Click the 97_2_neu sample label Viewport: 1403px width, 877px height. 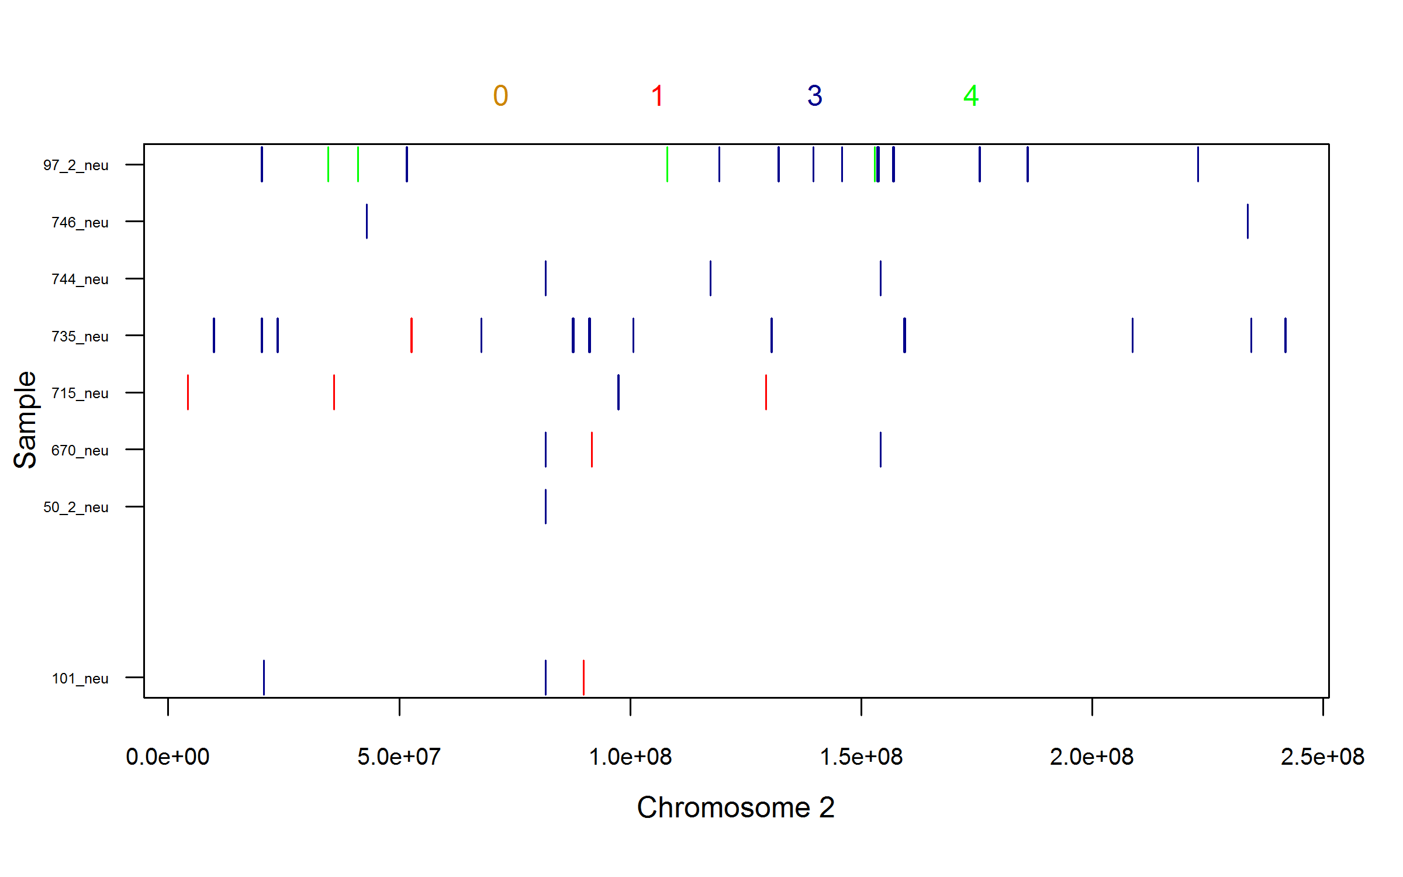pyautogui.click(x=76, y=165)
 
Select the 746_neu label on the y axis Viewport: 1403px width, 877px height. pyautogui.click(x=80, y=223)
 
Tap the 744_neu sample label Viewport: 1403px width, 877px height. pyautogui.click(x=80, y=279)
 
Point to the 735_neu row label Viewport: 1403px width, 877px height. pyautogui.click(x=80, y=337)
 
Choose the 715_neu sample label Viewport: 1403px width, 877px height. pyautogui.click(x=80, y=393)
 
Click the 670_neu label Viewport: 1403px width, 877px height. pyautogui.click(x=80, y=451)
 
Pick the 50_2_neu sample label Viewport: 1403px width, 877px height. pyautogui.click(x=76, y=507)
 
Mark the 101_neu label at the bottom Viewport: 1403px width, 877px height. pyautogui.click(x=80, y=679)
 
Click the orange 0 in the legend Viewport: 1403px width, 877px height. pyautogui.click(x=500, y=96)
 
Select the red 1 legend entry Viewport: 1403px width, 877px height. pyautogui.click(x=658, y=96)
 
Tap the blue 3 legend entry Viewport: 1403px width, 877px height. pyautogui.click(x=815, y=96)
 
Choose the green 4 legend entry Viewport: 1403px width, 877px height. pyautogui.click(x=971, y=96)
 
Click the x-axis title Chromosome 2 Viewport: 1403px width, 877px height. pyautogui.click(x=736, y=808)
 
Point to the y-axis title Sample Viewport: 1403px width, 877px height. pyautogui.click(x=25, y=420)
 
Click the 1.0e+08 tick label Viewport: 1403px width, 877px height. pyautogui.click(x=630, y=757)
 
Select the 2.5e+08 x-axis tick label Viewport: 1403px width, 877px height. pyautogui.click(x=1322, y=757)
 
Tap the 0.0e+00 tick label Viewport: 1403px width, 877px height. pyautogui.click(x=168, y=757)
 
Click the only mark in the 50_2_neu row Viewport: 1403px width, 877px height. pyautogui.click(x=545, y=506)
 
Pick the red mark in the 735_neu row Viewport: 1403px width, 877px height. pyautogui.click(x=412, y=336)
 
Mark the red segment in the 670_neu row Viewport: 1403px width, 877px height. pyautogui.click(x=592, y=450)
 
